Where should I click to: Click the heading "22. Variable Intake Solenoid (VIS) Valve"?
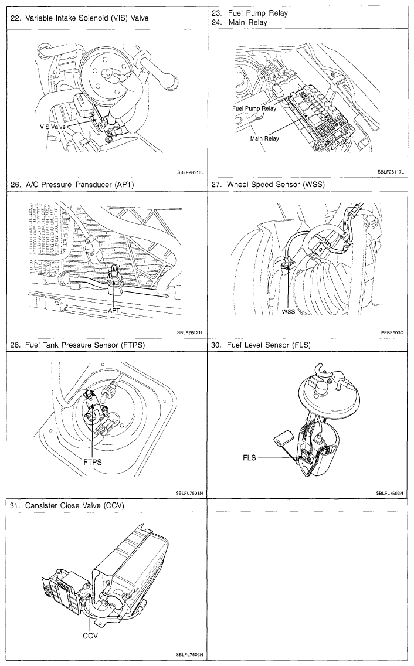[80, 18]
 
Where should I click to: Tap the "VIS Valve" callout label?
[53, 127]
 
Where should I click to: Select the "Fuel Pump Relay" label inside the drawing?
[254, 108]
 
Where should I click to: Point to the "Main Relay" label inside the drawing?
[264, 138]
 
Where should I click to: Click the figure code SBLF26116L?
[191, 172]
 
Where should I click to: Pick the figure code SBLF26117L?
[391, 172]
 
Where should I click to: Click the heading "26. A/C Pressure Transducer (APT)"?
[74, 184]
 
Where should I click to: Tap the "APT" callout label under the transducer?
[114, 311]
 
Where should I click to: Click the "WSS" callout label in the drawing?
[288, 311]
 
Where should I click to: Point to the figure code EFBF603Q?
[392, 332]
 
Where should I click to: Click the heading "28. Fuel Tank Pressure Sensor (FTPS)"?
[77, 345]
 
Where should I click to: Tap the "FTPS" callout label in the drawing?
[92, 462]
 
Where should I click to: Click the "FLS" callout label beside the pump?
[249, 457]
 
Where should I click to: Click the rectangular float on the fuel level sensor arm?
[283, 438]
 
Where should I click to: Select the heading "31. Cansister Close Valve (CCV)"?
[67, 505]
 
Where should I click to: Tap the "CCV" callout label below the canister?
[90, 636]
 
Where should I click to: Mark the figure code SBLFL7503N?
[189, 654]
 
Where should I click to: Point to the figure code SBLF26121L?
[191, 332]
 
